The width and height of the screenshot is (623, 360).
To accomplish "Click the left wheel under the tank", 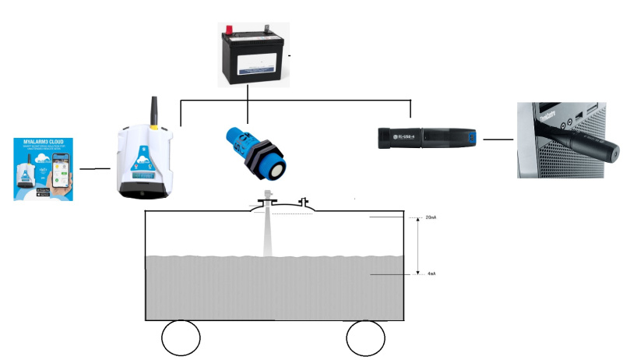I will click(x=181, y=338).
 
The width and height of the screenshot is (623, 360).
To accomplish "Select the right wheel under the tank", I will click(x=366, y=338).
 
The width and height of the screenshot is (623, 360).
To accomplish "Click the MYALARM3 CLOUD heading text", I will click(x=46, y=142).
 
